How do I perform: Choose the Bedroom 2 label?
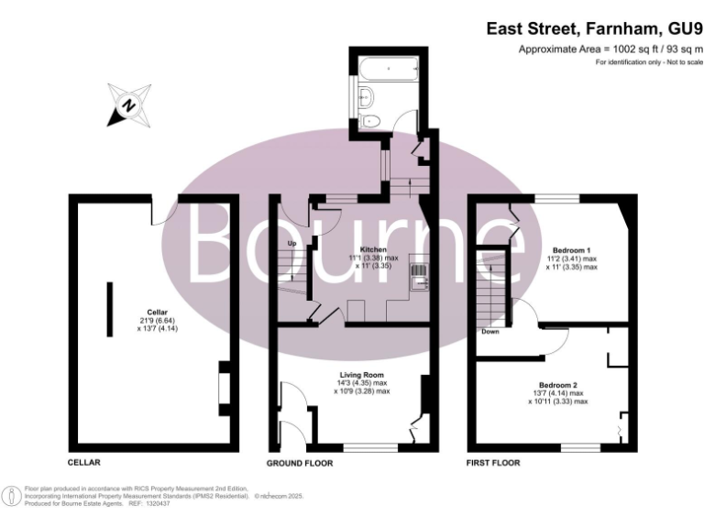coord(558,384)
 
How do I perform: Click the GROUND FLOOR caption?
coord(300,464)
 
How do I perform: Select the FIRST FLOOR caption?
coord(493,464)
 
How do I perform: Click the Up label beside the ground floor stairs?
coord(291,244)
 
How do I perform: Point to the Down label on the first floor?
coord(490,331)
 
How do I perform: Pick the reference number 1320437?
coord(164,503)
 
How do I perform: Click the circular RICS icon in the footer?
coord(13,496)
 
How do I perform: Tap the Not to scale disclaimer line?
coord(649,61)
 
